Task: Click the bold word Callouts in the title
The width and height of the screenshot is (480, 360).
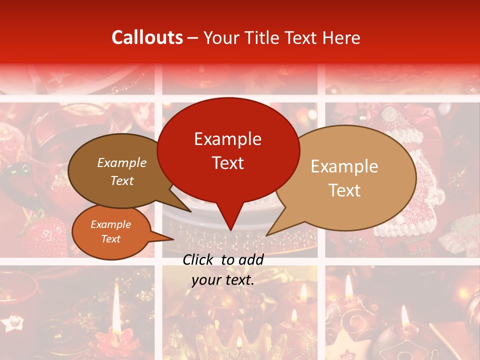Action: pyautogui.click(x=147, y=37)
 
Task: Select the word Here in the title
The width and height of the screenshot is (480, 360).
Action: pyautogui.click(x=341, y=37)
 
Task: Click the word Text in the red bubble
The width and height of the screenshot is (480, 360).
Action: pyautogui.click(x=227, y=162)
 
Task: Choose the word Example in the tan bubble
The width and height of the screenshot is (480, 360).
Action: pyautogui.click(x=344, y=166)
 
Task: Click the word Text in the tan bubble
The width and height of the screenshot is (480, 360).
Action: pyautogui.click(x=344, y=190)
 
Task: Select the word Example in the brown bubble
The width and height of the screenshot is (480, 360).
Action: pyautogui.click(x=122, y=162)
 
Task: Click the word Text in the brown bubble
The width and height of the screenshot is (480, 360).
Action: pyautogui.click(x=122, y=180)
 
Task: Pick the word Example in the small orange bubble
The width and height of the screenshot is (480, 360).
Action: pyautogui.click(x=110, y=224)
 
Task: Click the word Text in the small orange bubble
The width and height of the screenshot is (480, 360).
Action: pyautogui.click(x=110, y=239)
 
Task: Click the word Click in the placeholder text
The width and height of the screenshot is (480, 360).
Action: pyautogui.click(x=198, y=259)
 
